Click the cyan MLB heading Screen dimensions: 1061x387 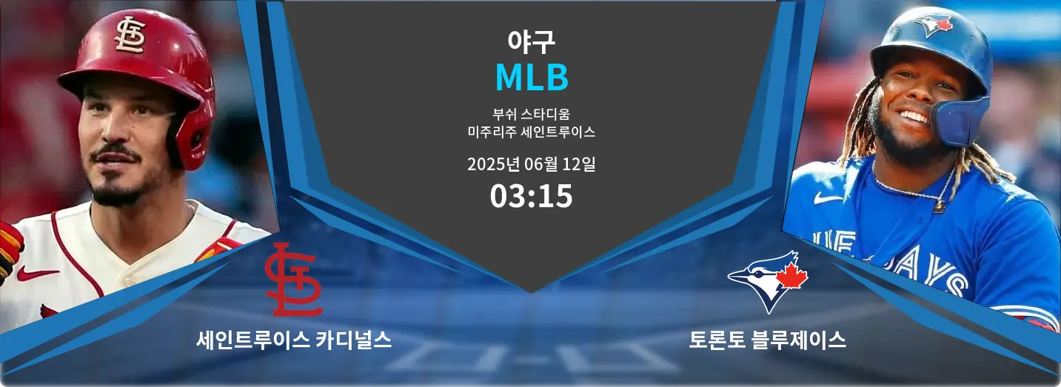[x=532, y=77]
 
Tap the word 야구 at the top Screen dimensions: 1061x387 [x=531, y=41]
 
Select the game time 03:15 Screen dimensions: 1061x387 [x=531, y=196]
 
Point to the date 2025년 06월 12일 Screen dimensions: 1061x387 [x=531, y=164]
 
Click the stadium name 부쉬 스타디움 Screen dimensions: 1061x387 [x=531, y=114]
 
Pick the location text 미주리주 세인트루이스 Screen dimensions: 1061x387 [x=531, y=132]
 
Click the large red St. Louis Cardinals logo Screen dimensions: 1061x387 [x=294, y=280]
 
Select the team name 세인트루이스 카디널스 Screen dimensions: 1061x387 [x=294, y=340]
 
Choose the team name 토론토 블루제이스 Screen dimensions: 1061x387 [x=767, y=340]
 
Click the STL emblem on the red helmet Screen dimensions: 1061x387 [x=130, y=35]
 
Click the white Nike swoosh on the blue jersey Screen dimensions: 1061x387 [x=828, y=198]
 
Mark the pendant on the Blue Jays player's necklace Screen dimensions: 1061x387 [x=939, y=206]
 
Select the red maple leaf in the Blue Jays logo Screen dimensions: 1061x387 [x=791, y=275]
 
